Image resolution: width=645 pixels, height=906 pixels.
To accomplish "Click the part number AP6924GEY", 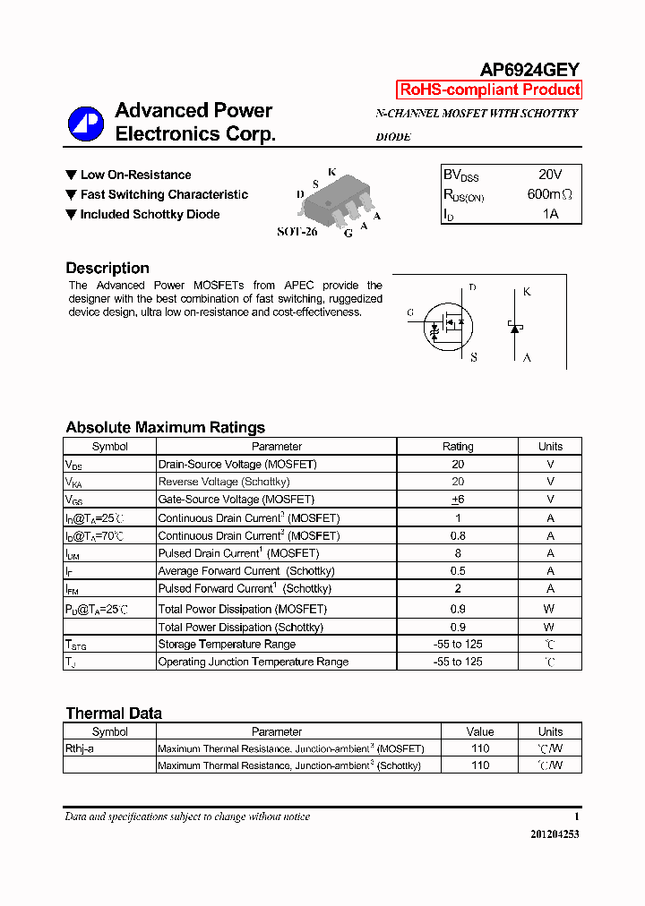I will pos(530,69).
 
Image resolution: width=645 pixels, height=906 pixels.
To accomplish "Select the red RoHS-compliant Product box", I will pos(489,90).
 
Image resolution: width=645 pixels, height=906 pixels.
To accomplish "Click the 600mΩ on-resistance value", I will pos(549,194).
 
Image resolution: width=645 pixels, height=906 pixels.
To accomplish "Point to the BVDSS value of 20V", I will pos(550,175).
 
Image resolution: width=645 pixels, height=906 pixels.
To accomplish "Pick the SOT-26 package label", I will pos(297,231).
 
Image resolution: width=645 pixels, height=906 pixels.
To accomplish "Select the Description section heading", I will pos(107,268).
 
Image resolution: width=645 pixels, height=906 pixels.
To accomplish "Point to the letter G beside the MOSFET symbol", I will pos(410,312).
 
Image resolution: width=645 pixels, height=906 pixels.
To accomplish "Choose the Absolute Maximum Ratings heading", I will pos(165,427).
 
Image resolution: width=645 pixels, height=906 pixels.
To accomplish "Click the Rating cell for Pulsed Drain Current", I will pos(458,553).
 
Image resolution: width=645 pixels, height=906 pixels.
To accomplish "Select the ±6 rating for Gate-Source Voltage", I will pos(458,500).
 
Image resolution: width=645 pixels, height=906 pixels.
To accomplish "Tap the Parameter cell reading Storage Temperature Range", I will pos(227,645).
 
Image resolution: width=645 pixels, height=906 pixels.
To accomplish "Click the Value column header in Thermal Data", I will pos(480,731).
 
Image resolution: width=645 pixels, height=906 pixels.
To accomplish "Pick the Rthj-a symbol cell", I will pos(80,748).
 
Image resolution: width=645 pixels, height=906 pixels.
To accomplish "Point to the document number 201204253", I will pos(555,834).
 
